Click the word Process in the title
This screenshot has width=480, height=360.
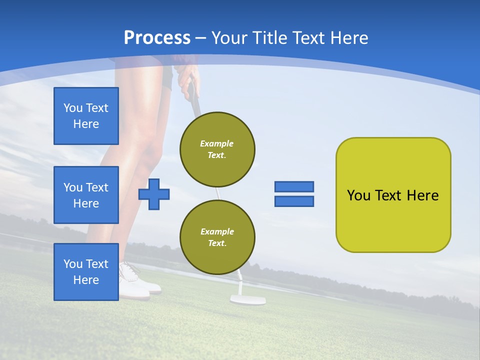[x=157, y=38]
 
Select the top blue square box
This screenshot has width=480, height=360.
[x=86, y=116]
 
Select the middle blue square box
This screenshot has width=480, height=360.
[x=86, y=195]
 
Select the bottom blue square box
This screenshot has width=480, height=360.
[x=86, y=271]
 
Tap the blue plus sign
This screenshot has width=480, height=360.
[x=154, y=194]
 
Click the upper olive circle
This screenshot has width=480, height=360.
[x=217, y=149]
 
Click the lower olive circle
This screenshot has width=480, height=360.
[x=217, y=237]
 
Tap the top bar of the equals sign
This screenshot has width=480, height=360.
[x=294, y=186]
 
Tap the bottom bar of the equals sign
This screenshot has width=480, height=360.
[x=294, y=201]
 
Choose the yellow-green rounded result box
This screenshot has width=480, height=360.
[x=393, y=194]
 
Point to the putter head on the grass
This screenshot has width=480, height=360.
[x=247, y=299]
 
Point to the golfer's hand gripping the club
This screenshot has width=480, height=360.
[x=187, y=77]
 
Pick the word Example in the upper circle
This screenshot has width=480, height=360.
[x=217, y=143]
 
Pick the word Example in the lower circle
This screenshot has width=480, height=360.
[x=217, y=231]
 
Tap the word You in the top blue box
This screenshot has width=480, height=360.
[x=73, y=108]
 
